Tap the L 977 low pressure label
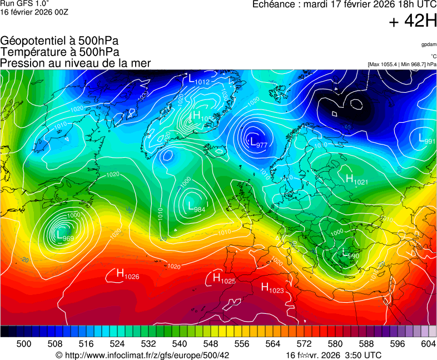coord(259,143)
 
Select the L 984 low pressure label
coord(196,207)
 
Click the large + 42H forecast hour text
coord(413,22)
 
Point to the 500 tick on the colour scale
coord(24,344)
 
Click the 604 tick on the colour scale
coord(428,344)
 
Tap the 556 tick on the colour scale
coord(241,344)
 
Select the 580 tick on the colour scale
coord(335,344)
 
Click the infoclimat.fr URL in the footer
coord(147,355)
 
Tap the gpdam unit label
coord(428,44)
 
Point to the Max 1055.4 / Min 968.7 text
coord(401,64)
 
